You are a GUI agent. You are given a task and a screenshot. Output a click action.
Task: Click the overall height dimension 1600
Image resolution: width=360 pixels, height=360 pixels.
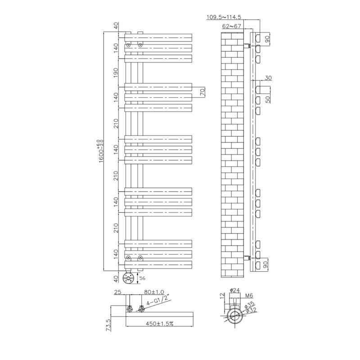(x=101, y=151)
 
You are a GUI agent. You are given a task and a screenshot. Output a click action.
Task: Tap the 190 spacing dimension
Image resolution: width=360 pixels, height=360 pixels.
(x=116, y=72)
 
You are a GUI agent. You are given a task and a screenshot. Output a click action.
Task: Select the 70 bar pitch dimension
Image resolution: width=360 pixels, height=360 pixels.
(x=202, y=92)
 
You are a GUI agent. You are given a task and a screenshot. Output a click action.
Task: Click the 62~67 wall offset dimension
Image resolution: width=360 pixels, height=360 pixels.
(x=231, y=27)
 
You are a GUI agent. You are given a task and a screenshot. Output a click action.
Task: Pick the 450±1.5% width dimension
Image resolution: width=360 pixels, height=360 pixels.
(x=160, y=324)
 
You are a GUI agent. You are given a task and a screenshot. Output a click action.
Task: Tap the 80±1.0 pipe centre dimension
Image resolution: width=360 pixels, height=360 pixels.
(x=154, y=292)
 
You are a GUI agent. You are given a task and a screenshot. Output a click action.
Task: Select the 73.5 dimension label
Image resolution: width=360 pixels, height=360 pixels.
(x=108, y=325)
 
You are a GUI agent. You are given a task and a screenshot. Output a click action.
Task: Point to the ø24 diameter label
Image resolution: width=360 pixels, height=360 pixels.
(x=234, y=290)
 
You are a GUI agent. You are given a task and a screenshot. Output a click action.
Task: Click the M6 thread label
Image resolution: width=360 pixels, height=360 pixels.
(x=249, y=296)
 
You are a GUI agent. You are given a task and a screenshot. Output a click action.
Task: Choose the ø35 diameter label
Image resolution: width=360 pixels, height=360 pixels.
(x=249, y=305)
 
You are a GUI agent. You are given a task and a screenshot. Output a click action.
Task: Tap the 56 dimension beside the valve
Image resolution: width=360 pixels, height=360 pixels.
(x=142, y=278)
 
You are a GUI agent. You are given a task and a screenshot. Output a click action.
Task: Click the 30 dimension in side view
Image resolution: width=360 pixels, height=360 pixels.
(x=268, y=78)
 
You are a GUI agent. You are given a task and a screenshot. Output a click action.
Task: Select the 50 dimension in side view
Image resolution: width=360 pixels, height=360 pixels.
(x=268, y=99)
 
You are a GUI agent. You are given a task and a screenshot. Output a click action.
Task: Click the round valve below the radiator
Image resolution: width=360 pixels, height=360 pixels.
(x=129, y=278)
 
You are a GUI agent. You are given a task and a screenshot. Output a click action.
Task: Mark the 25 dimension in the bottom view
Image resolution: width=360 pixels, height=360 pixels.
(x=117, y=292)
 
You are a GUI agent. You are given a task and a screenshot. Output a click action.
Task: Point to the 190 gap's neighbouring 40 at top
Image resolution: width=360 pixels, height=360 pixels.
(x=116, y=25)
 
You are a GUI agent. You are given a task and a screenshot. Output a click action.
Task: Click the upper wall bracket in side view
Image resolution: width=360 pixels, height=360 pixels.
(x=247, y=45)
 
